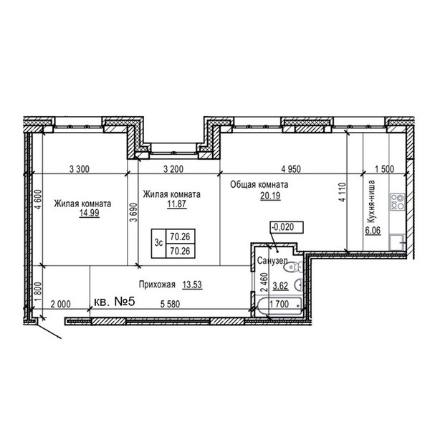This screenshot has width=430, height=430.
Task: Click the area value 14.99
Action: [x=90, y=213]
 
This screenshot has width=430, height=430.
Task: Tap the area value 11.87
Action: [x=177, y=204]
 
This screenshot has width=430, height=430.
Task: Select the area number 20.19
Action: [x=270, y=196]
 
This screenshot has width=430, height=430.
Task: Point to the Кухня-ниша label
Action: [x=371, y=202]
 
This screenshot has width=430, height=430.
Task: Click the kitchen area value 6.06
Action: [x=373, y=230]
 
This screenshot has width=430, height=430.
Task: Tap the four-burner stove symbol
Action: [x=397, y=202]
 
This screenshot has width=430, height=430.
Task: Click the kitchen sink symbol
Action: [x=397, y=242]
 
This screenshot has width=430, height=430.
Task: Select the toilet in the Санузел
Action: [x=293, y=267]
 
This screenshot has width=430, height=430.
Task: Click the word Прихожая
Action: [x=157, y=285]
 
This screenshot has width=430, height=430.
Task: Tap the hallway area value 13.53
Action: [x=192, y=285]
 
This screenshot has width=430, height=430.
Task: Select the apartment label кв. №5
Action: [x=115, y=302]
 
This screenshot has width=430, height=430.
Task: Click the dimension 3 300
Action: [x=80, y=169]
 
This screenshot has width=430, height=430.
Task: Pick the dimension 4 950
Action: [x=291, y=169]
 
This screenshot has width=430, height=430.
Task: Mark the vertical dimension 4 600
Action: [x=39, y=199]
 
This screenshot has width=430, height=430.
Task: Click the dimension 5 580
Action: [x=170, y=304]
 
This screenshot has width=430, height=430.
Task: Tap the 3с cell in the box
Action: [x=159, y=243]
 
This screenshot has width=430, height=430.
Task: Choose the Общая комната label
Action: [x=259, y=185]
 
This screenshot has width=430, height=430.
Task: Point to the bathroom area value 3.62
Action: [x=280, y=286]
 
